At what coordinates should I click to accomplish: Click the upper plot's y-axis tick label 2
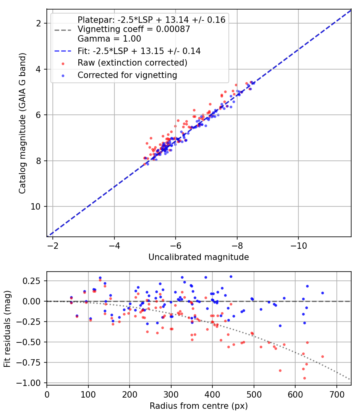pyautogui.click(x=39, y=24)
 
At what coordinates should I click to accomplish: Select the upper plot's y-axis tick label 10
pyautogui.click(x=36, y=206)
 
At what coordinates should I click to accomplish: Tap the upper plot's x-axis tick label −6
pyautogui.click(x=176, y=246)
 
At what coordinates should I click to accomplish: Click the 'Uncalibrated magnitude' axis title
pyautogui.click(x=199, y=257)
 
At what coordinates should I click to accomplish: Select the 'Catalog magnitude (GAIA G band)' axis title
pyautogui.click(x=22, y=124)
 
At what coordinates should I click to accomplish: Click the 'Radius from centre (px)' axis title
pyautogui.click(x=199, y=406)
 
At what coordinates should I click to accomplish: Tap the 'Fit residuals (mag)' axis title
pyautogui.click(x=7, y=329)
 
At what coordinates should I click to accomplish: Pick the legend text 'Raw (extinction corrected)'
pyautogui.click(x=132, y=63)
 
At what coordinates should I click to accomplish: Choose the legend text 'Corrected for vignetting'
pyautogui.click(x=128, y=75)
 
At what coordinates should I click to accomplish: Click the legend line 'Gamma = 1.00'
pyautogui.click(x=109, y=39)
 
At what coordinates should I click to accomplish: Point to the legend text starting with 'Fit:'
pyautogui.click(x=139, y=51)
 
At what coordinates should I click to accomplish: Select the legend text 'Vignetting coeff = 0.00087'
pyautogui.click(x=134, y=29)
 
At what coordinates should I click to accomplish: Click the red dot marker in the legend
pyautogui.click(x=63, y=64)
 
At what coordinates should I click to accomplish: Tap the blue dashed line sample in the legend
pyautogui.click(x=63, y=51)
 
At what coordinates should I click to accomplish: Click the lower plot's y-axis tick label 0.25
pyautogui.click(x=31, y=281)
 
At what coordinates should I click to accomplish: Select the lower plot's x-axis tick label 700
pyautogui.click(x=337, y=394)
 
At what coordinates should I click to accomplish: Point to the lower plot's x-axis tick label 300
pyautogui.click(x=171, y=394)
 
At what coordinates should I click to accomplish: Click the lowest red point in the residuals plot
pyautogui.click(x=304, y=378)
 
